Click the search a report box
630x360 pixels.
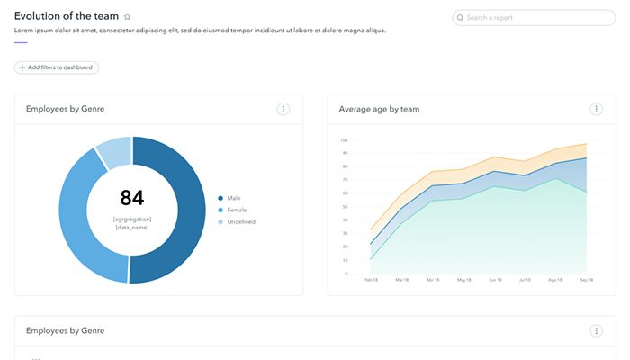coord(535,17)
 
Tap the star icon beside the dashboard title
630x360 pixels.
coord(127,17)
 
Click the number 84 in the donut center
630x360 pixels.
coord(131,198)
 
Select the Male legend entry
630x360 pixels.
coord(233,198)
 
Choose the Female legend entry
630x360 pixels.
coord(236,210)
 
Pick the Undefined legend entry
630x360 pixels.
coord(240,221)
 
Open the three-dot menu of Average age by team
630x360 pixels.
coord(596,109)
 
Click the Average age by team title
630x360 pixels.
coord(379,110)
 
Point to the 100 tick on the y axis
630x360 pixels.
coord(344,139)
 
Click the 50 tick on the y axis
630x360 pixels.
coord(345,206)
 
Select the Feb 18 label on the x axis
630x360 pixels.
coord(371,280)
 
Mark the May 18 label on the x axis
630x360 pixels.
coord(463,280)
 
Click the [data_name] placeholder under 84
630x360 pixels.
coord(131,228)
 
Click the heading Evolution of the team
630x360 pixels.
coord(67,16)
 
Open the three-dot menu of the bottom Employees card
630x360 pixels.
coord(596,330)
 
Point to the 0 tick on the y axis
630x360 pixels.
coord(346,273)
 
